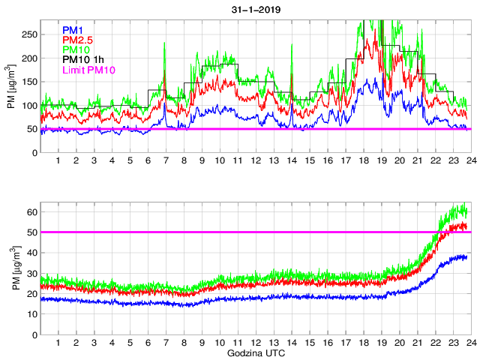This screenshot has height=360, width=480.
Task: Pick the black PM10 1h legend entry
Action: (x=83, y=60)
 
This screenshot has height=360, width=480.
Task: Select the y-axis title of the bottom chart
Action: (x=10, y=268)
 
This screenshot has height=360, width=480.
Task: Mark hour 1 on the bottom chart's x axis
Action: (x=58, y=343)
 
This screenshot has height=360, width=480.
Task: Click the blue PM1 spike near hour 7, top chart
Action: (x=165, y=103)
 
